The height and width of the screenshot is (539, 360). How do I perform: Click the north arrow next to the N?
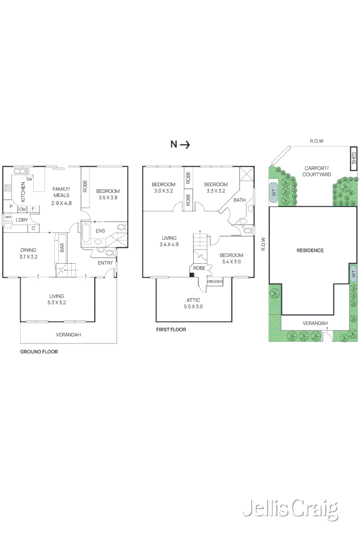pyautogui.click(x=185, y=144)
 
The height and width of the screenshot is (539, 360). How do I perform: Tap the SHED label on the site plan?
pyautogui.click(x=354, y=159)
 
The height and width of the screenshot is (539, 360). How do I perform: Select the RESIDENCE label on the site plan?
pyautogui.click(x=310, y=251)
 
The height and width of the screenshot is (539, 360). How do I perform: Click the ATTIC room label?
pyautogui.click(x=194, y=300)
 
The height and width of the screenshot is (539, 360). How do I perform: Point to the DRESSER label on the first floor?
pyautogui.click(x=215, y=282)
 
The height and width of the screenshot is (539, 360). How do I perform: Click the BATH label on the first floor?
pyautogui.click(x=239, y=200)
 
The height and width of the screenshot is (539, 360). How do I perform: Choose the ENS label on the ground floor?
pyautogui.click(x=101, y=231)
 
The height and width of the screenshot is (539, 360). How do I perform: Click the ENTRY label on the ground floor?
pyautogui.click(x=105, y=263)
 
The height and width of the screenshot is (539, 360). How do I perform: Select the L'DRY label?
pyautogui.click(x=21, y=220)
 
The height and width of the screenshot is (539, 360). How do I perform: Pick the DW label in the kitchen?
pyautogui.click(x=29, y=179)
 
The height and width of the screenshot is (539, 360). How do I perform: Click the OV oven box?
pyautogui.click(x=22, y=209)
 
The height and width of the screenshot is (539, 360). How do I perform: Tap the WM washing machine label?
pyautogui.click(x=8, y=217)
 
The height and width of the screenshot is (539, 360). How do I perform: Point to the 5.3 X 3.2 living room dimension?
pyautogui.click(x=57, y=303)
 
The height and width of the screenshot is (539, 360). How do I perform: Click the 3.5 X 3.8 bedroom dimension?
pyautogui.click(x=108, y=198)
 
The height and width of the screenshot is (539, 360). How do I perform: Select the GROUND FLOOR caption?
pyautogui.click(x=39, y=352)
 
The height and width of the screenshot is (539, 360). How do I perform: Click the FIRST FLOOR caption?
pyautogui.click(x=171, y=329)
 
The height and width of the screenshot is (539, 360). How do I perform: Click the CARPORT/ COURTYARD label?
pyautogui.click(x=317, y=171)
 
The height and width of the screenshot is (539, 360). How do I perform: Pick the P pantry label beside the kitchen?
pyautogui.click(x=11, y=206)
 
